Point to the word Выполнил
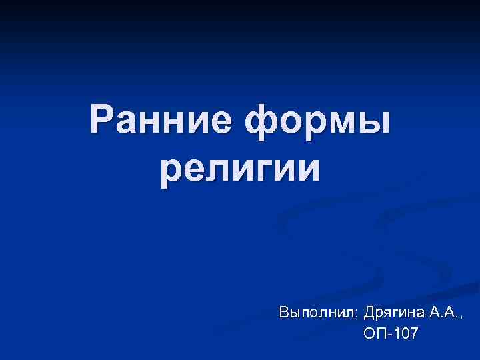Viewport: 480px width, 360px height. (x=319, y=312)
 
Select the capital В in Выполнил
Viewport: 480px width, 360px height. (x=284, y=311)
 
